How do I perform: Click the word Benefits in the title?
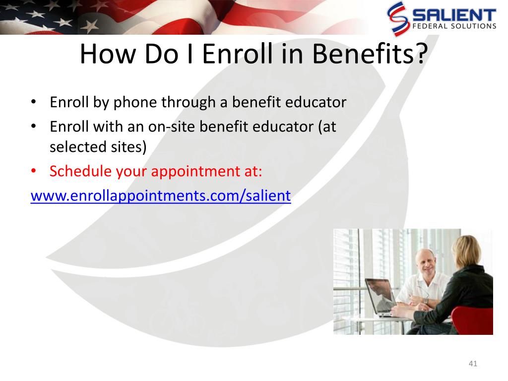click(370, 54)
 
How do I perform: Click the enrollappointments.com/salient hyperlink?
click(161, 195)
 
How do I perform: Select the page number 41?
click(473, 364)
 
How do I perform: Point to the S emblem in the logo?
click(397, 18)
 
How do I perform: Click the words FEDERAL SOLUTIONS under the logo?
click(454, 26)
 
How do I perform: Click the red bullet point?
click(33, 171)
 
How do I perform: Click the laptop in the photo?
click(379, 297)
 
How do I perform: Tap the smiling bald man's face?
click(425, 263)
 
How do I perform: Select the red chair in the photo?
click(472, 320)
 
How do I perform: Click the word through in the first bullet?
click(189, 103)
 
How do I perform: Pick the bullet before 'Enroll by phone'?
click(33, 102)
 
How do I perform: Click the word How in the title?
click(108, 54)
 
